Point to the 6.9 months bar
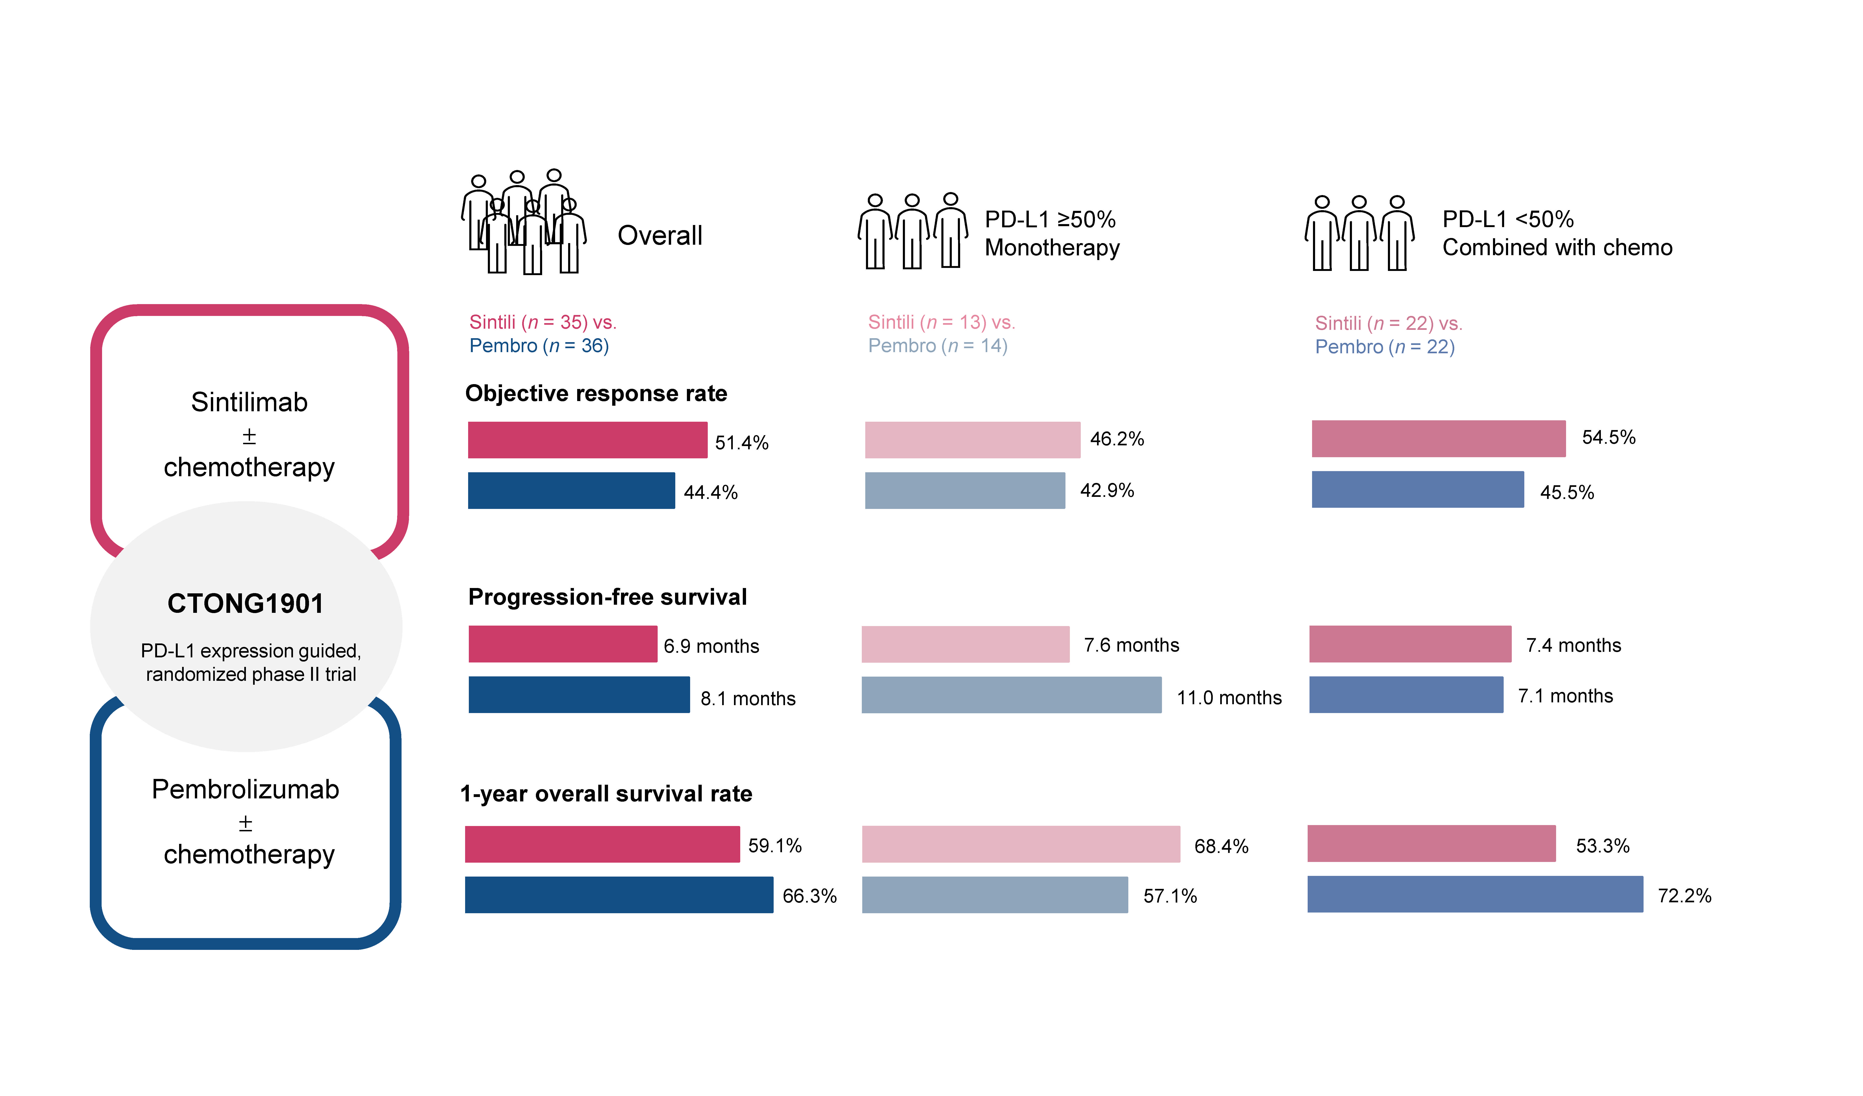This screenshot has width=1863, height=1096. tap(563, 644)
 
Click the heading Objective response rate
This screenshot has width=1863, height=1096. tap(596, 393)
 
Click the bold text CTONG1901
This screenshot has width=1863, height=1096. tap(245, 603)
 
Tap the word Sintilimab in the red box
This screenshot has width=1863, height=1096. tap(249, 402)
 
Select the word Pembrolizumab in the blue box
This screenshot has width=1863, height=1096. tap(245, 789)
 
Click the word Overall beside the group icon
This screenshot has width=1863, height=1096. tap(660, 236)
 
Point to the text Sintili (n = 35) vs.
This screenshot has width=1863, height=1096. tap(543, 322)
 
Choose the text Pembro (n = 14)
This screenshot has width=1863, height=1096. tap(937, 346)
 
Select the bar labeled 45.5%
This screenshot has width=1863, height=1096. tap(1417, 489)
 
